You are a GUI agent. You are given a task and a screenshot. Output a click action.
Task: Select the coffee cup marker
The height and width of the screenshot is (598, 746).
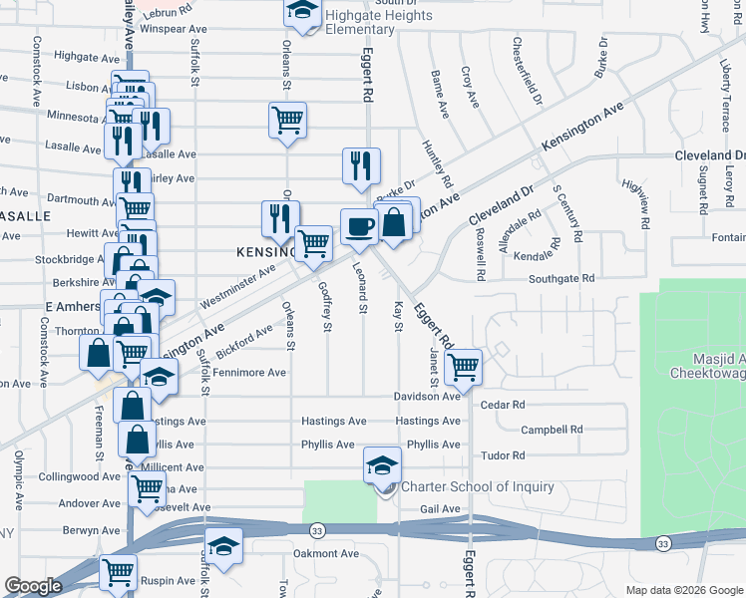(360, 226)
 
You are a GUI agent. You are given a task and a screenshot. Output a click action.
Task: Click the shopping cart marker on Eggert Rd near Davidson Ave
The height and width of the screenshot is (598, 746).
(464, 367)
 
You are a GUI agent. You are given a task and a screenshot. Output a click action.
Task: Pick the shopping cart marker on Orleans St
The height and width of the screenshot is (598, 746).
(288, 121)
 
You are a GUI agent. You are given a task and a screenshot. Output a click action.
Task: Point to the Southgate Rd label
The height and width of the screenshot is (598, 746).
(561, 278)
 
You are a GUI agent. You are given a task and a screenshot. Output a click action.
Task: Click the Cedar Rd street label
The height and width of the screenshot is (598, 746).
(502, 405)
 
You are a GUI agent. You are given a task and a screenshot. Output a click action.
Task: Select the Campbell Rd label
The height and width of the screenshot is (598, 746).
(551, 430)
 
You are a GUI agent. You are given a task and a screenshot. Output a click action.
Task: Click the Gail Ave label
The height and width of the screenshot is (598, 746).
(440, 509)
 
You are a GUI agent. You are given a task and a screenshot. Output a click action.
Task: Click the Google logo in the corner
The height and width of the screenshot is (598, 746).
(33, 586)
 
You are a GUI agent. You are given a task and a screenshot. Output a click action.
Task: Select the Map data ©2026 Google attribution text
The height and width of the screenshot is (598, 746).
(683, 590)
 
